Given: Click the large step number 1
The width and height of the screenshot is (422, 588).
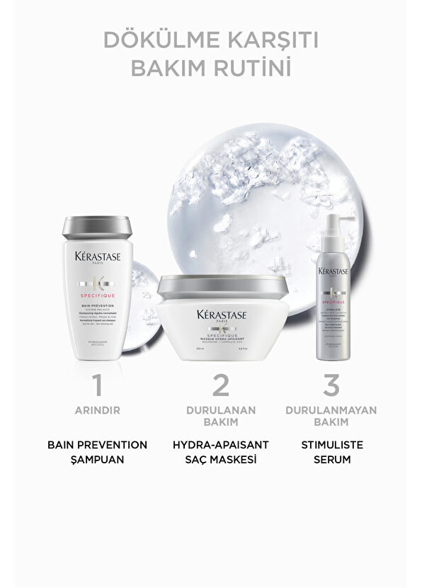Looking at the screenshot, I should click(x=98, y=385).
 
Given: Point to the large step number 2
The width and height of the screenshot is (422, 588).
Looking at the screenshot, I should click(x=221, y=385).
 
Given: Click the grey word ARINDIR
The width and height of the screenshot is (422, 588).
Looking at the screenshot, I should click(x=98, y=409).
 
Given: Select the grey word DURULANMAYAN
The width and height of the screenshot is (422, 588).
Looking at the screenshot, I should click(x=332, y=409).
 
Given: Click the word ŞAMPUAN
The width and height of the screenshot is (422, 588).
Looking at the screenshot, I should click(x=98, y=458).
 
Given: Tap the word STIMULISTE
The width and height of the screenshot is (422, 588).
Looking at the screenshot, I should click(x=332, y=445).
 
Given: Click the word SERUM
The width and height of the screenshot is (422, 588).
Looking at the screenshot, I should click(x=332, y=458).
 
